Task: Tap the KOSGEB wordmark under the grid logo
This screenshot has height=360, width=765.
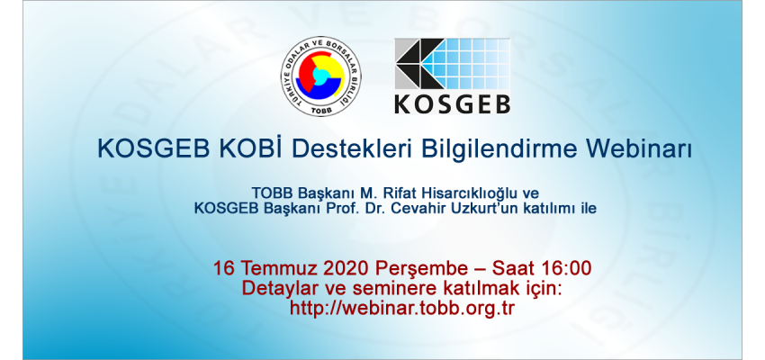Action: point(453,103)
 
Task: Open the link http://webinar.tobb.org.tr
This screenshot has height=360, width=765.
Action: point(402,308)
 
